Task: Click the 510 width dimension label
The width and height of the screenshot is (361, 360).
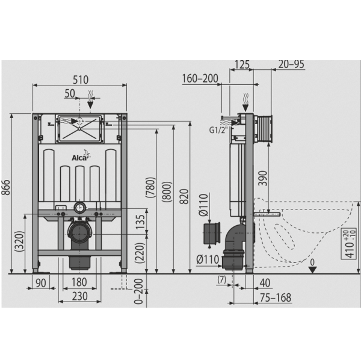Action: click(81, 79)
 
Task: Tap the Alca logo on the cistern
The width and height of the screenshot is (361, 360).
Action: click(81, 158)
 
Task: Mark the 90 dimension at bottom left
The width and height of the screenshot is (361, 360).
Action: click(41, 283)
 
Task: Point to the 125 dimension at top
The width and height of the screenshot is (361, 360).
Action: click(241, 64)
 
